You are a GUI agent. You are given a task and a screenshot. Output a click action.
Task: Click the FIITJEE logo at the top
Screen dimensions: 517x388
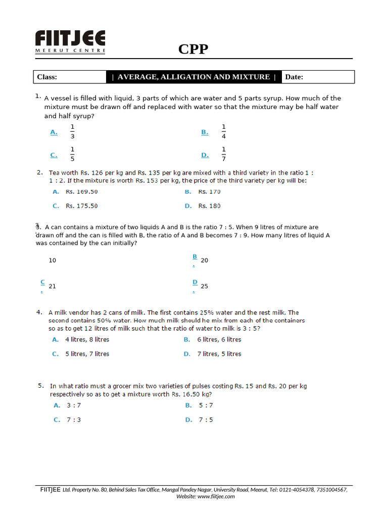pyautogui.click(x=70, y=41)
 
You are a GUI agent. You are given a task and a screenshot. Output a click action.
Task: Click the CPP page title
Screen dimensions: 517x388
pyautogui.click(x=193, y=49)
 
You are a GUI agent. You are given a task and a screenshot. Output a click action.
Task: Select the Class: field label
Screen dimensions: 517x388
pyautogui.click(x=47, y=77)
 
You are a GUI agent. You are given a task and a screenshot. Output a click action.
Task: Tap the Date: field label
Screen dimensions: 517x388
pyautogui.click(x=294, y=77)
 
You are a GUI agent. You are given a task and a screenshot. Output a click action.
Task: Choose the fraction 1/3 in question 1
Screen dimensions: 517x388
pyautogui.click(x=72, y=132)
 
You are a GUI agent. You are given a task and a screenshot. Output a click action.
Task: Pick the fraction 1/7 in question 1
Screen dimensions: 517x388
pyautogui.click(x=224, y=154)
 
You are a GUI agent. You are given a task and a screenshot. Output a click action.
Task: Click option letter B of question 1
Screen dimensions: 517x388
pyautogui.click(x=205, y=132)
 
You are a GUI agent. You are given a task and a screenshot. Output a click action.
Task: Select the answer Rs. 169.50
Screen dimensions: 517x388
pyautogui.click(x=82, y=192)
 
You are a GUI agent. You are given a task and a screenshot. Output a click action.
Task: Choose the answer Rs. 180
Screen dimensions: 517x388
pyautogui.click(x=209, y=206)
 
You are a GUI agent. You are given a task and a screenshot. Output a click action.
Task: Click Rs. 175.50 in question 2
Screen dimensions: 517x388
pyautogui.click(x=82, y=206)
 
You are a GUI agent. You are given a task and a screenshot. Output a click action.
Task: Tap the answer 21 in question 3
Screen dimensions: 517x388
pyautogui.click(x=53, y=286)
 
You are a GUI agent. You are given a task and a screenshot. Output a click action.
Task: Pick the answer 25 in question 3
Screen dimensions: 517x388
pyautogui.click(x=205, y=286)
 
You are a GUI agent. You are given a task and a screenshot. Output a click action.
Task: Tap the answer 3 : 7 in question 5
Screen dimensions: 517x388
pyautogui.click(x=74, y=405)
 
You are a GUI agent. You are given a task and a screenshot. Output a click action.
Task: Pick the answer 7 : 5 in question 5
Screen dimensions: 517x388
pyautogui.click(x=206, y=420)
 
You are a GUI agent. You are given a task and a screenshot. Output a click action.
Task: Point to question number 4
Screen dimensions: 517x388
pyautogui.click(x=39, y=312)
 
